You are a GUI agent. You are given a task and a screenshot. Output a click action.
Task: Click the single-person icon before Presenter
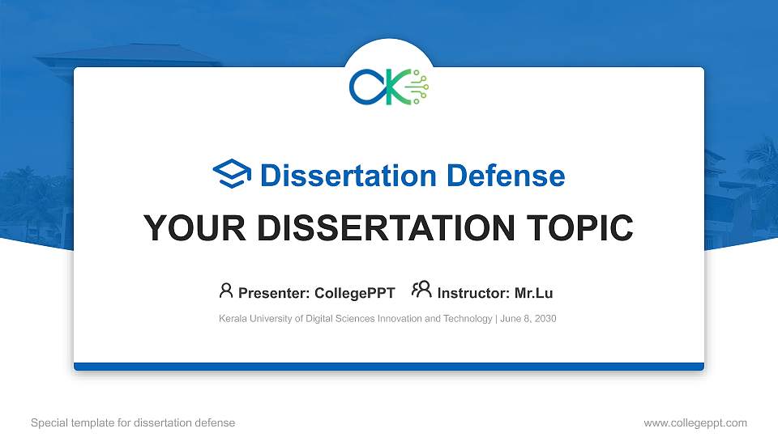226,291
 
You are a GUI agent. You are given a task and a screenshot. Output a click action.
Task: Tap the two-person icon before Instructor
421,291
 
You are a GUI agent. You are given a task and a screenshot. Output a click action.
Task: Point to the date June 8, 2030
528,319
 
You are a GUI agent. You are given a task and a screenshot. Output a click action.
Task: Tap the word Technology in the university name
470,319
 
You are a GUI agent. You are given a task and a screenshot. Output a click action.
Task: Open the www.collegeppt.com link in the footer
695,422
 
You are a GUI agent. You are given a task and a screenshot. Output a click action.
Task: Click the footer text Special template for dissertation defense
132,422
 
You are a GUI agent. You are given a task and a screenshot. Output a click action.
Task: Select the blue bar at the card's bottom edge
389,367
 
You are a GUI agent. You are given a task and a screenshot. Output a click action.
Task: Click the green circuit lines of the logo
419,87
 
